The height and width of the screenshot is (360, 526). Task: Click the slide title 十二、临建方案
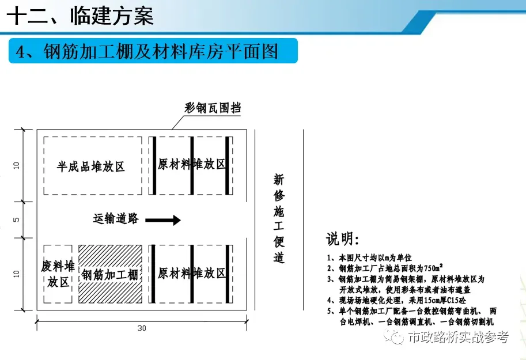coord(81,15)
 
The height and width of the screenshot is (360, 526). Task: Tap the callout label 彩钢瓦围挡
coord(213,108)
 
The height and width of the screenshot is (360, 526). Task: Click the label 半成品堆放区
coord(91,167)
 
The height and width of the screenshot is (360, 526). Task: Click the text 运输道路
coord(116,218)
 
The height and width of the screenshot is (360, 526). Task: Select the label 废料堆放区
coord(58,274)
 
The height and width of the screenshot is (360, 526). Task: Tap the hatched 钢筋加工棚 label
coord(110,275)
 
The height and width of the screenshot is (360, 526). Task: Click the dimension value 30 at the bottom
coord(142,328)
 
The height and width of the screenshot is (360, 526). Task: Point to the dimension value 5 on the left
coord(17,219)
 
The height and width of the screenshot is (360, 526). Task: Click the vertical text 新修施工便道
coord(279,218)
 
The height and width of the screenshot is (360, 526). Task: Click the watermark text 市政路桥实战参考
coord(459,338)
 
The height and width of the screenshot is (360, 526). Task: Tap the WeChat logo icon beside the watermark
coord(396,337)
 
